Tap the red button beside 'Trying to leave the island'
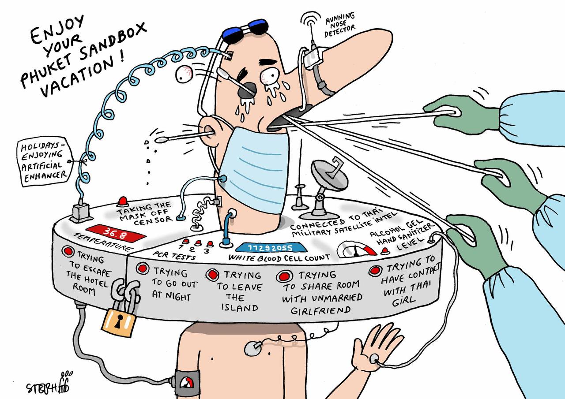213,274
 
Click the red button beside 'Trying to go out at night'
142,268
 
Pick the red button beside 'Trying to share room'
283,277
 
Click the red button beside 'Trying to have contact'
375,270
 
